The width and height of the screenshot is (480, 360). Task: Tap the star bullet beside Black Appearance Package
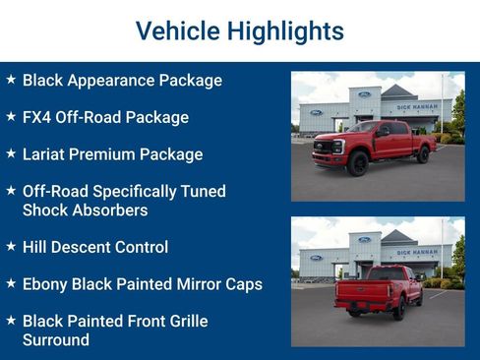pyautogui.click(x=11, y=80)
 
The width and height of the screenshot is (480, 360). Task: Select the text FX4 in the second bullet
pyautogui.click(x=39, y=117)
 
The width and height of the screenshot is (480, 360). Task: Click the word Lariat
pyautogui.click(x=46, y=154)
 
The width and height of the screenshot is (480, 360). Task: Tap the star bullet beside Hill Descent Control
pyautogui.click(x=11, y=247)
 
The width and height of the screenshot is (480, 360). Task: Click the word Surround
pyautogui.click(x=56, y=340)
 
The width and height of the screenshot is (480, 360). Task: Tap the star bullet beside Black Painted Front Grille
pyautogui.click(x=11, y=321)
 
